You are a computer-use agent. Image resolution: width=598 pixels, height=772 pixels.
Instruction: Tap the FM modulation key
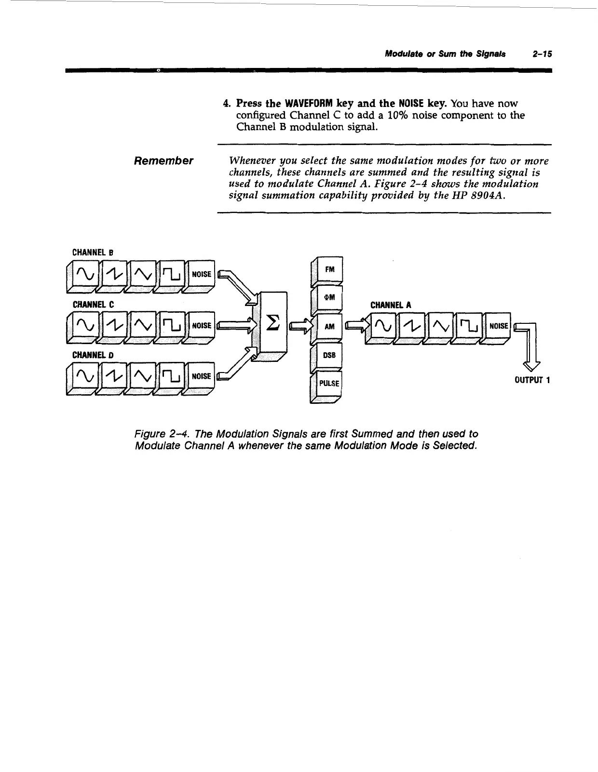click(330, 270)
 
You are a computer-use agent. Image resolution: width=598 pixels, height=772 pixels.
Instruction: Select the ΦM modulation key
click(330, 298)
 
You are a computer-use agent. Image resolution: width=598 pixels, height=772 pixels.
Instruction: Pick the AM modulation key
click(330, 326)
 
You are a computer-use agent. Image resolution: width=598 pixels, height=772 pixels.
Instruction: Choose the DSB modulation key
click(330, 355)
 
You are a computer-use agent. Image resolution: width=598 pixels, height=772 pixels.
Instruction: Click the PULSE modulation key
click(329, 384)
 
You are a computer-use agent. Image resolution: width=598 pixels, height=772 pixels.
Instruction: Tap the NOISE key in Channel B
click(201, 274)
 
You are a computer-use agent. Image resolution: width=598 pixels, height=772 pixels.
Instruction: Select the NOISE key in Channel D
click(201, 376)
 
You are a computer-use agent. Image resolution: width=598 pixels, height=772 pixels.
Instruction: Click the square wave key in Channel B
click(172, 275)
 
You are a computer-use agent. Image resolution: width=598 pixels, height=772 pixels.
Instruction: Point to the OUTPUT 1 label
click(532, 380)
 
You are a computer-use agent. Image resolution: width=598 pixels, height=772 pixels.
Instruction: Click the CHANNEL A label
click(391, 305)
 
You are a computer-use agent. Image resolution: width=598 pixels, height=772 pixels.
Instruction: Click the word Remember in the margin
click(163, 161)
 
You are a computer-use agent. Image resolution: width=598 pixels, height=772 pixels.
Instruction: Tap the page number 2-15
click(542, 54)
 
